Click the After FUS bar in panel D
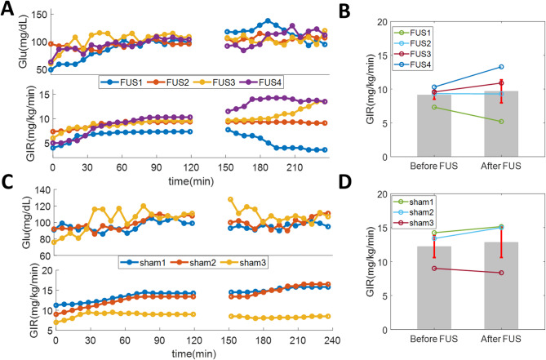tap(501, 285)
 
